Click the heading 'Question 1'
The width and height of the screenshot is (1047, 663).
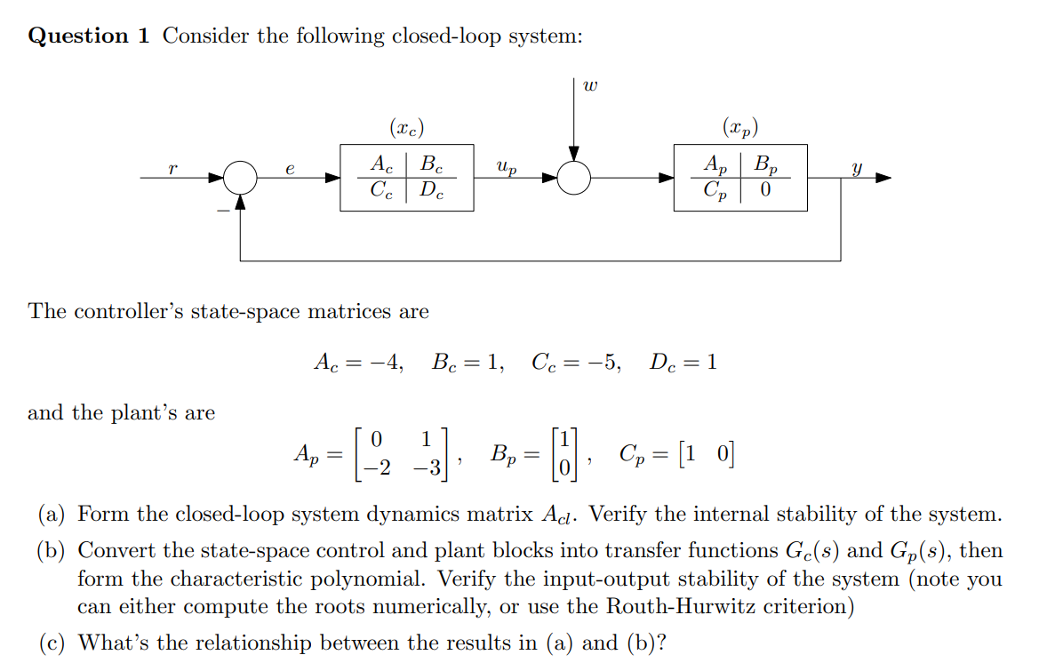90,36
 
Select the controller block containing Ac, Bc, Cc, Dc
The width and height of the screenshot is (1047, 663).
406,178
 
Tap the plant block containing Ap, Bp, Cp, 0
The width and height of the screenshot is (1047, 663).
739,178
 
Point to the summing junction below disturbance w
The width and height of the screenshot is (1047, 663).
574,179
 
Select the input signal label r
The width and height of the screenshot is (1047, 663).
171,167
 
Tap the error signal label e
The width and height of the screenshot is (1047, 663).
290,167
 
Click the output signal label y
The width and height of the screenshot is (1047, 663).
856,167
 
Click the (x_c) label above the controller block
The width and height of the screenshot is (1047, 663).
407,128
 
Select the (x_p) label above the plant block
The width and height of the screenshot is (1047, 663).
740,128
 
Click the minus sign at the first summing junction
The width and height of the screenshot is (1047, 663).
220,210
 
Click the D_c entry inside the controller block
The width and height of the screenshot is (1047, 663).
431,191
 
